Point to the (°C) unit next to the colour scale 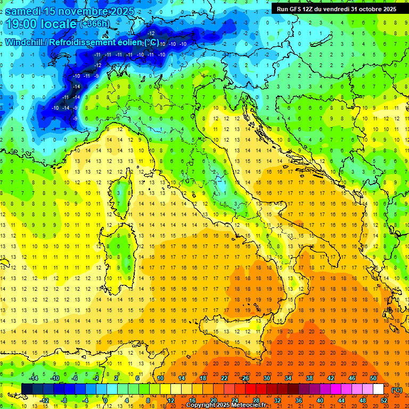coord(396,390)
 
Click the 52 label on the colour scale coord(384,400)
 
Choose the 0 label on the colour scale coord(105,400)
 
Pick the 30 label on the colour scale coord(267,378)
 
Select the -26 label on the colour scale coord(245,378)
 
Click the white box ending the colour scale coord(378,389)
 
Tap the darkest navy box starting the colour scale coord(27,389)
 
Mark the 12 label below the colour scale coord(171,400)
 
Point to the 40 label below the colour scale coord(320,400)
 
